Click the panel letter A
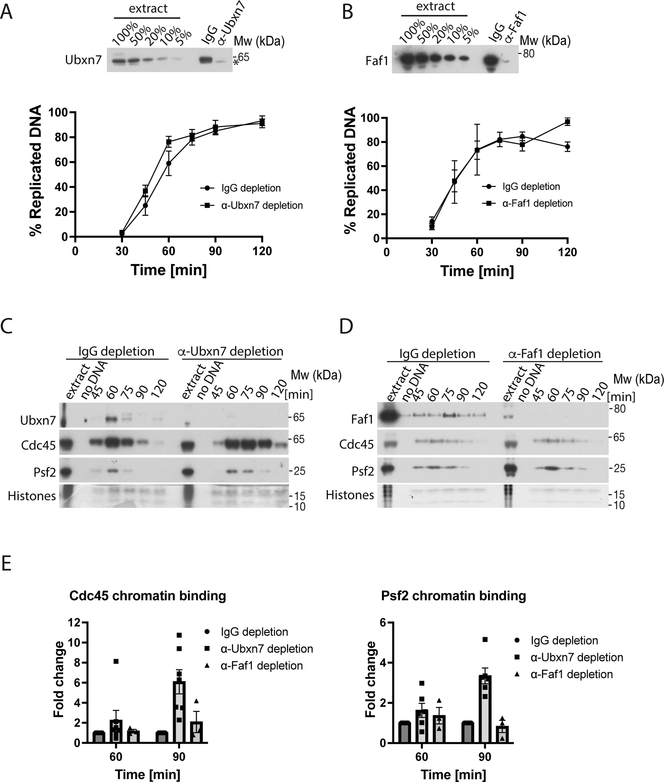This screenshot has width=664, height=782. [x=7, y=12]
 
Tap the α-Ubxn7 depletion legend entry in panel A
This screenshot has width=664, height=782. [x=262, y=205]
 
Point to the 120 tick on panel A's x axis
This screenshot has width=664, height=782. [x=262, y=251]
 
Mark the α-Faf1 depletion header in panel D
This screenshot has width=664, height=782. [x=554, y=354]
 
